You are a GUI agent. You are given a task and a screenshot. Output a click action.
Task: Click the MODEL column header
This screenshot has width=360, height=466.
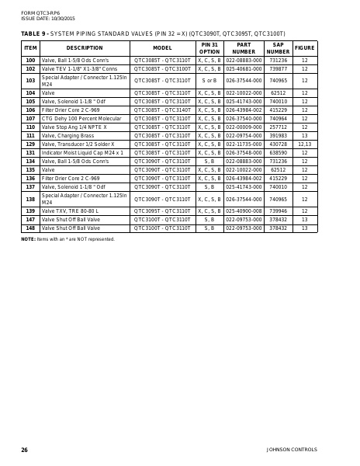162,48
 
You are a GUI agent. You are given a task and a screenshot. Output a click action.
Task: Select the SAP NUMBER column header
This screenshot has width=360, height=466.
278,48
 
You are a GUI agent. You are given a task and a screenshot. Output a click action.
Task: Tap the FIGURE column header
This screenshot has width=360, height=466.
304,48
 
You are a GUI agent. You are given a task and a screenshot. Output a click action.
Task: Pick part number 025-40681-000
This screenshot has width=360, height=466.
244,68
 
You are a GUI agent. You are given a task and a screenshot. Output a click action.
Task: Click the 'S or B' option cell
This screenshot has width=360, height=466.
209,80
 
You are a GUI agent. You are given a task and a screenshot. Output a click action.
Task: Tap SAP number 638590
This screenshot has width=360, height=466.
278,153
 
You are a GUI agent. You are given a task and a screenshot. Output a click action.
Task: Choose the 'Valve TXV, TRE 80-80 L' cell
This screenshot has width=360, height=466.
71,210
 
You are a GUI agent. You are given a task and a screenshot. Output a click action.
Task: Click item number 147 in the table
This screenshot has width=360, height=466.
30,219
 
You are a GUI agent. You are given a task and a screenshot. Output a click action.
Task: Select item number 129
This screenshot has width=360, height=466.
30,144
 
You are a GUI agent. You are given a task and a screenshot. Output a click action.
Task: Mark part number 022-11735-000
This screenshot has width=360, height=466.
244,144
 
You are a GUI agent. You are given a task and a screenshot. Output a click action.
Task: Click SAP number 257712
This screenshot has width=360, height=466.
278,127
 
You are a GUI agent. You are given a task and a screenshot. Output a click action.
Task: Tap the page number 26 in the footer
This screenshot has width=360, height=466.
25,450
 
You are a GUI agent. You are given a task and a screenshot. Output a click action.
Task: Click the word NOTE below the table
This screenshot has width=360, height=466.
28,239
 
